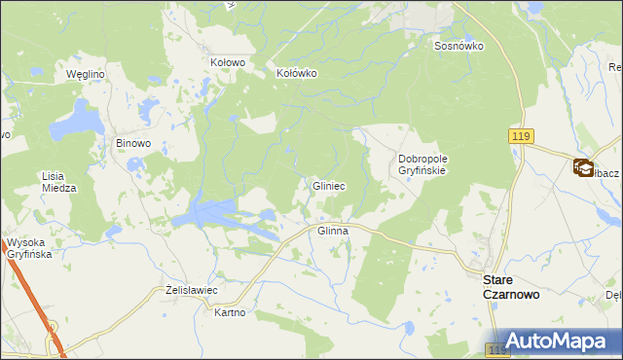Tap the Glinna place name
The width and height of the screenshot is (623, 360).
pos(333,231)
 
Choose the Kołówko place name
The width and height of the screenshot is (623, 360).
pos(297,72)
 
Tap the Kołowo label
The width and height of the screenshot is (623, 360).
pos(228,61)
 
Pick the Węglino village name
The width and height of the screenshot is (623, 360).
pos(85,73)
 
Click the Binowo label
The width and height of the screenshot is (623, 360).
pos(133,143)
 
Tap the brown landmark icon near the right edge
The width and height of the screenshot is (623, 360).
pos(583,167)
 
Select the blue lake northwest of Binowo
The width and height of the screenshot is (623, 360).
pos(75,124)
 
